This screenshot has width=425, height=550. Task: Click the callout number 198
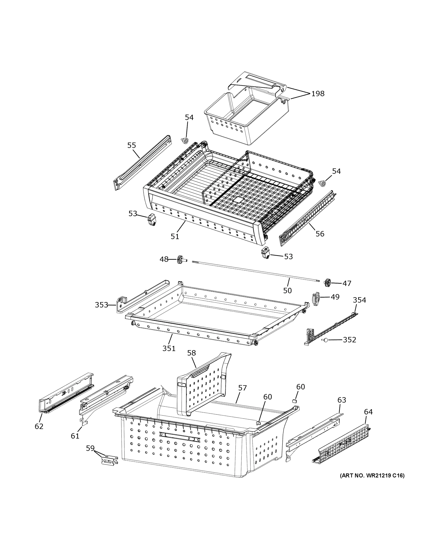click(x=318, y=94)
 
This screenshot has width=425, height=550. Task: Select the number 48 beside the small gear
click(x=164, y=259)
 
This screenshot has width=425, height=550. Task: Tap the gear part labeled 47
click(x=327, y=283)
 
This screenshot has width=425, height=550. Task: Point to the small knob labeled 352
click(x=326, y=340)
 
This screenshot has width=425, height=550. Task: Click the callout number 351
click(x=169, y=348)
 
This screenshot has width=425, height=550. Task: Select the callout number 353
click(x=101, y=305)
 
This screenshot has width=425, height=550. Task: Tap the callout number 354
click(x=359, y=300)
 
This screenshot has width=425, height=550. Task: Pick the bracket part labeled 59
click(x=109, y=461)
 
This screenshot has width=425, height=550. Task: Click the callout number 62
click(x=39, y=426)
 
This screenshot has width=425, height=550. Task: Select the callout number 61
click(x=75, y=436)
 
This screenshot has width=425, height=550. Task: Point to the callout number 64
click(x=368, y=412)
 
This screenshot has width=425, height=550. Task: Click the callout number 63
click(x=342, y=400)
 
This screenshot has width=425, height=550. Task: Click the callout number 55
click(x=132, y=145)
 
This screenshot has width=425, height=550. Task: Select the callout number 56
click(x=320, y=234)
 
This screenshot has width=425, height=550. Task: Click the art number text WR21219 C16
click(x=372, y=476)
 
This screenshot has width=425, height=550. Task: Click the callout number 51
click(x=175, y=236)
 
